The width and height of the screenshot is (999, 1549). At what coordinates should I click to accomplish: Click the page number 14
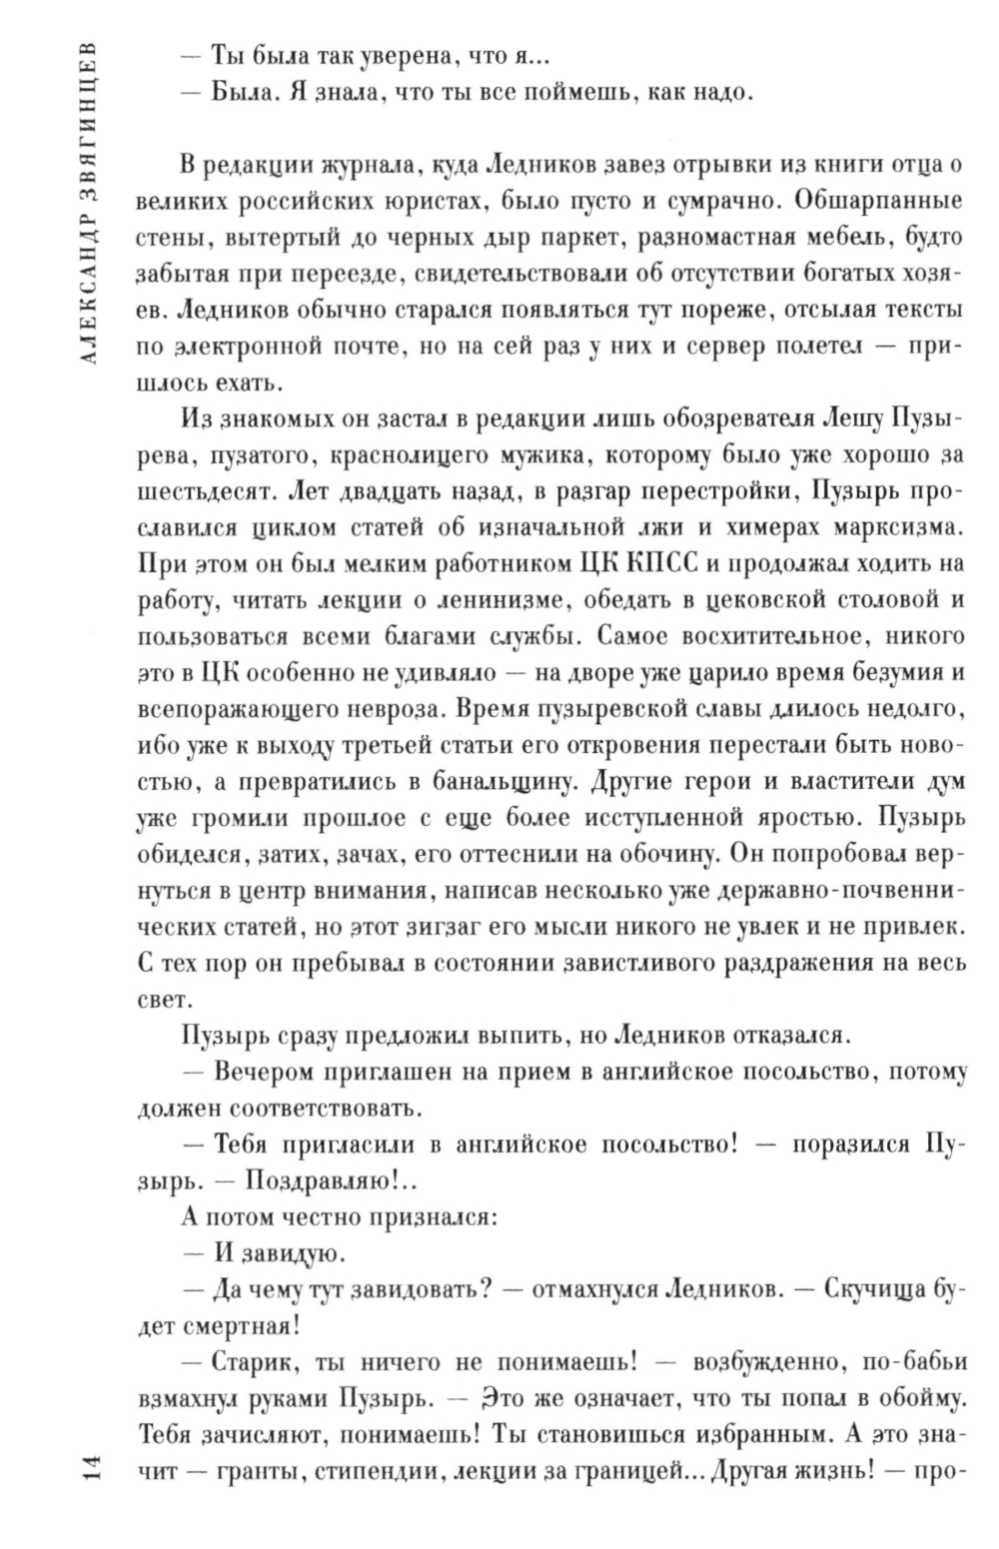tap(87, 1472)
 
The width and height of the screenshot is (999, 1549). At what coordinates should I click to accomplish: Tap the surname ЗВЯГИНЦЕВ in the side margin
tap(87, 111)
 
